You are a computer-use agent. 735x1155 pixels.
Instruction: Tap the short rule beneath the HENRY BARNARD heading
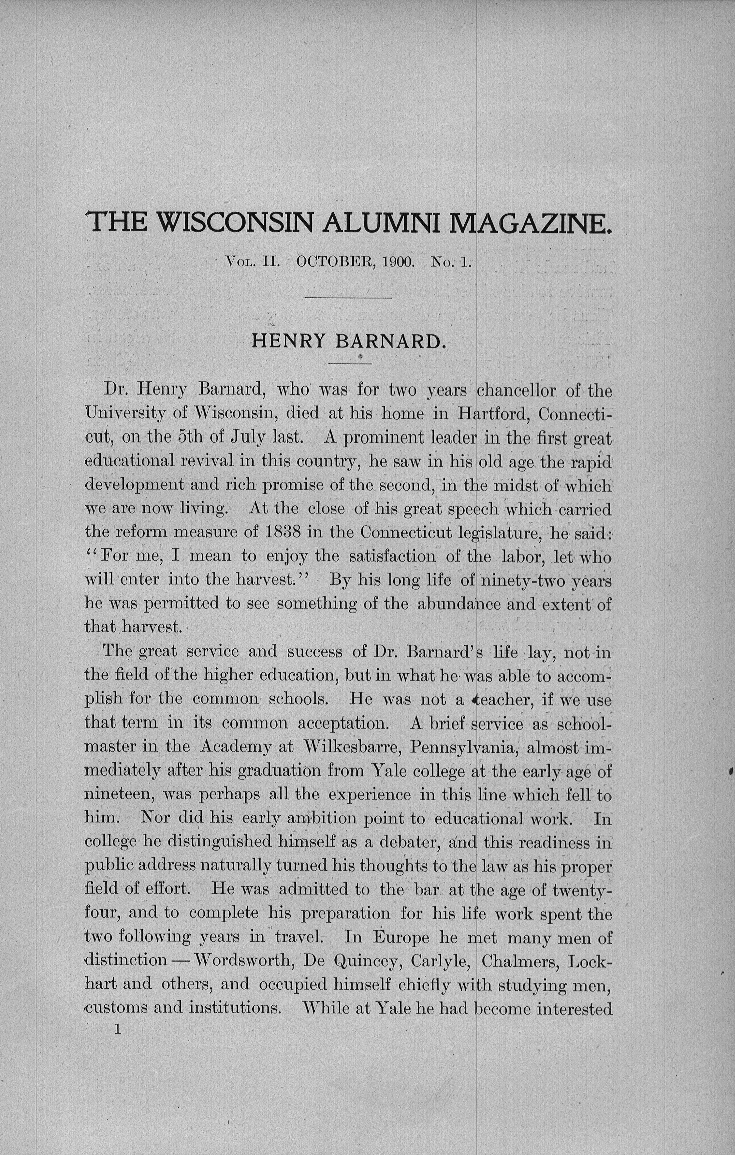tap(350, 364)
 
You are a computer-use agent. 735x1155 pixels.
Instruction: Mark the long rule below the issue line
tap(348, 298)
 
